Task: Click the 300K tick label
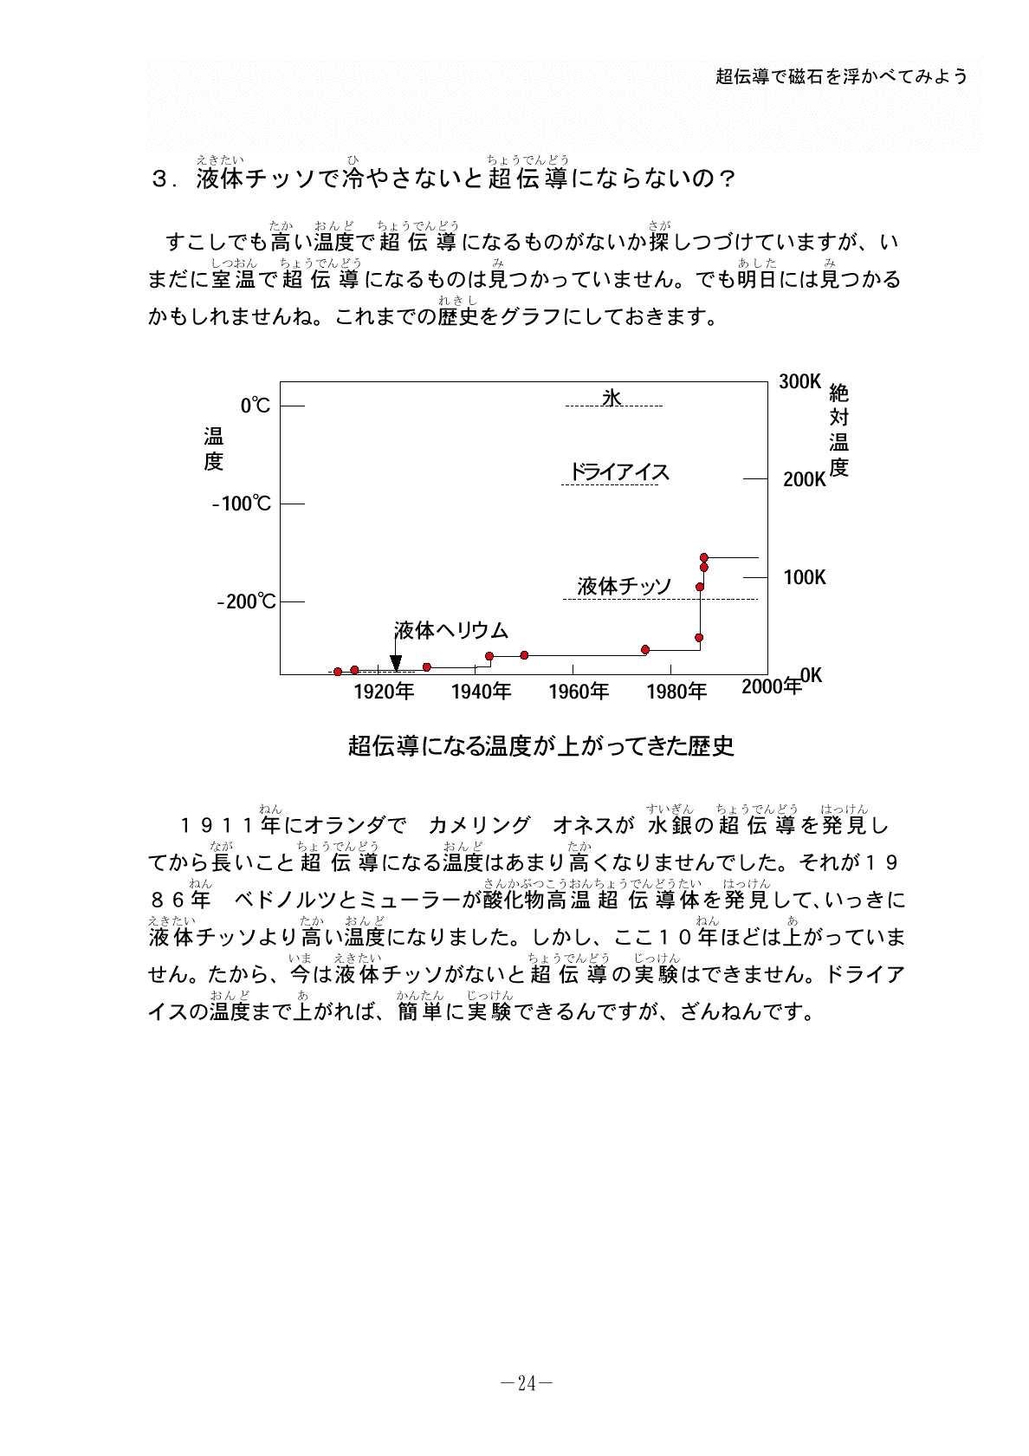(799, 381)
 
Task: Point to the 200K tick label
(805, 479)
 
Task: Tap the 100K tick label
(805, 577)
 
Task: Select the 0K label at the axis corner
(811, 675)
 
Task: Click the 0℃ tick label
(256, 406)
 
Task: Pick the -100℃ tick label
(242, 504)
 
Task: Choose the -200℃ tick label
(246, 601)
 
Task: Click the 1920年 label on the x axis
(384, 692)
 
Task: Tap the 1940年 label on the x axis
(481, 692)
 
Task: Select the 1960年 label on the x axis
(579, 692)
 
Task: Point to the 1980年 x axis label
(676, 692)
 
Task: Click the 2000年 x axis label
(771, 686)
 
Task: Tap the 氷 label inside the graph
(612, 398)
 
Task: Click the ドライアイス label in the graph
(619, 471)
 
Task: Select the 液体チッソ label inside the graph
(625, 587)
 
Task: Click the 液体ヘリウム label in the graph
(451, 630)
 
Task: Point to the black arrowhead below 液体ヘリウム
(396, 664)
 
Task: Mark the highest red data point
(703, 557)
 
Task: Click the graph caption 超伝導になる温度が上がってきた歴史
(540, 745)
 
